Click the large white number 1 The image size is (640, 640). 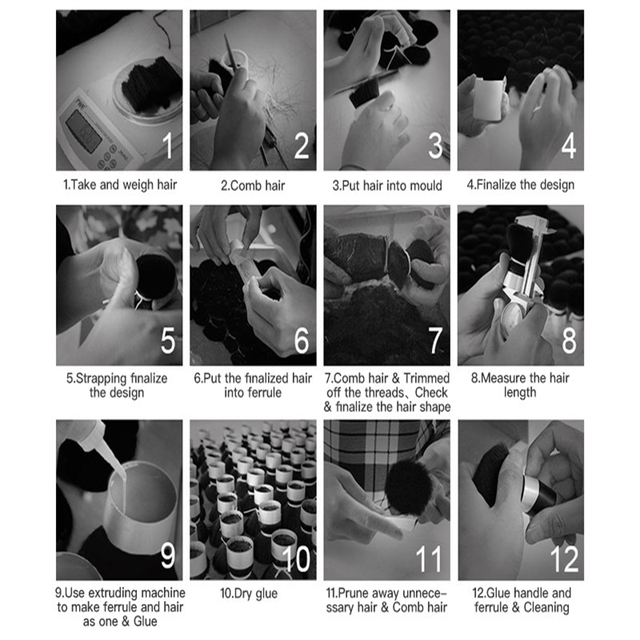click(x=167, y=146)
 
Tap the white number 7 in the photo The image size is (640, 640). click(x=435, y=340)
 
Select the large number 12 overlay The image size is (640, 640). click(x=564, y=558)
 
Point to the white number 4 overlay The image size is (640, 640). click(x=569, y=146)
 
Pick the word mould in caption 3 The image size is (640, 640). click(x=426, y=186)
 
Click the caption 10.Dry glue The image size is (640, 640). click(x=249, y=594)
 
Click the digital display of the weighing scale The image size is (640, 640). click(x=84, y=131)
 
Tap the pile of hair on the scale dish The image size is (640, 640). click(x=151, y=85)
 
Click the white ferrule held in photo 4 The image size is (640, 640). click(x=489, y=99)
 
